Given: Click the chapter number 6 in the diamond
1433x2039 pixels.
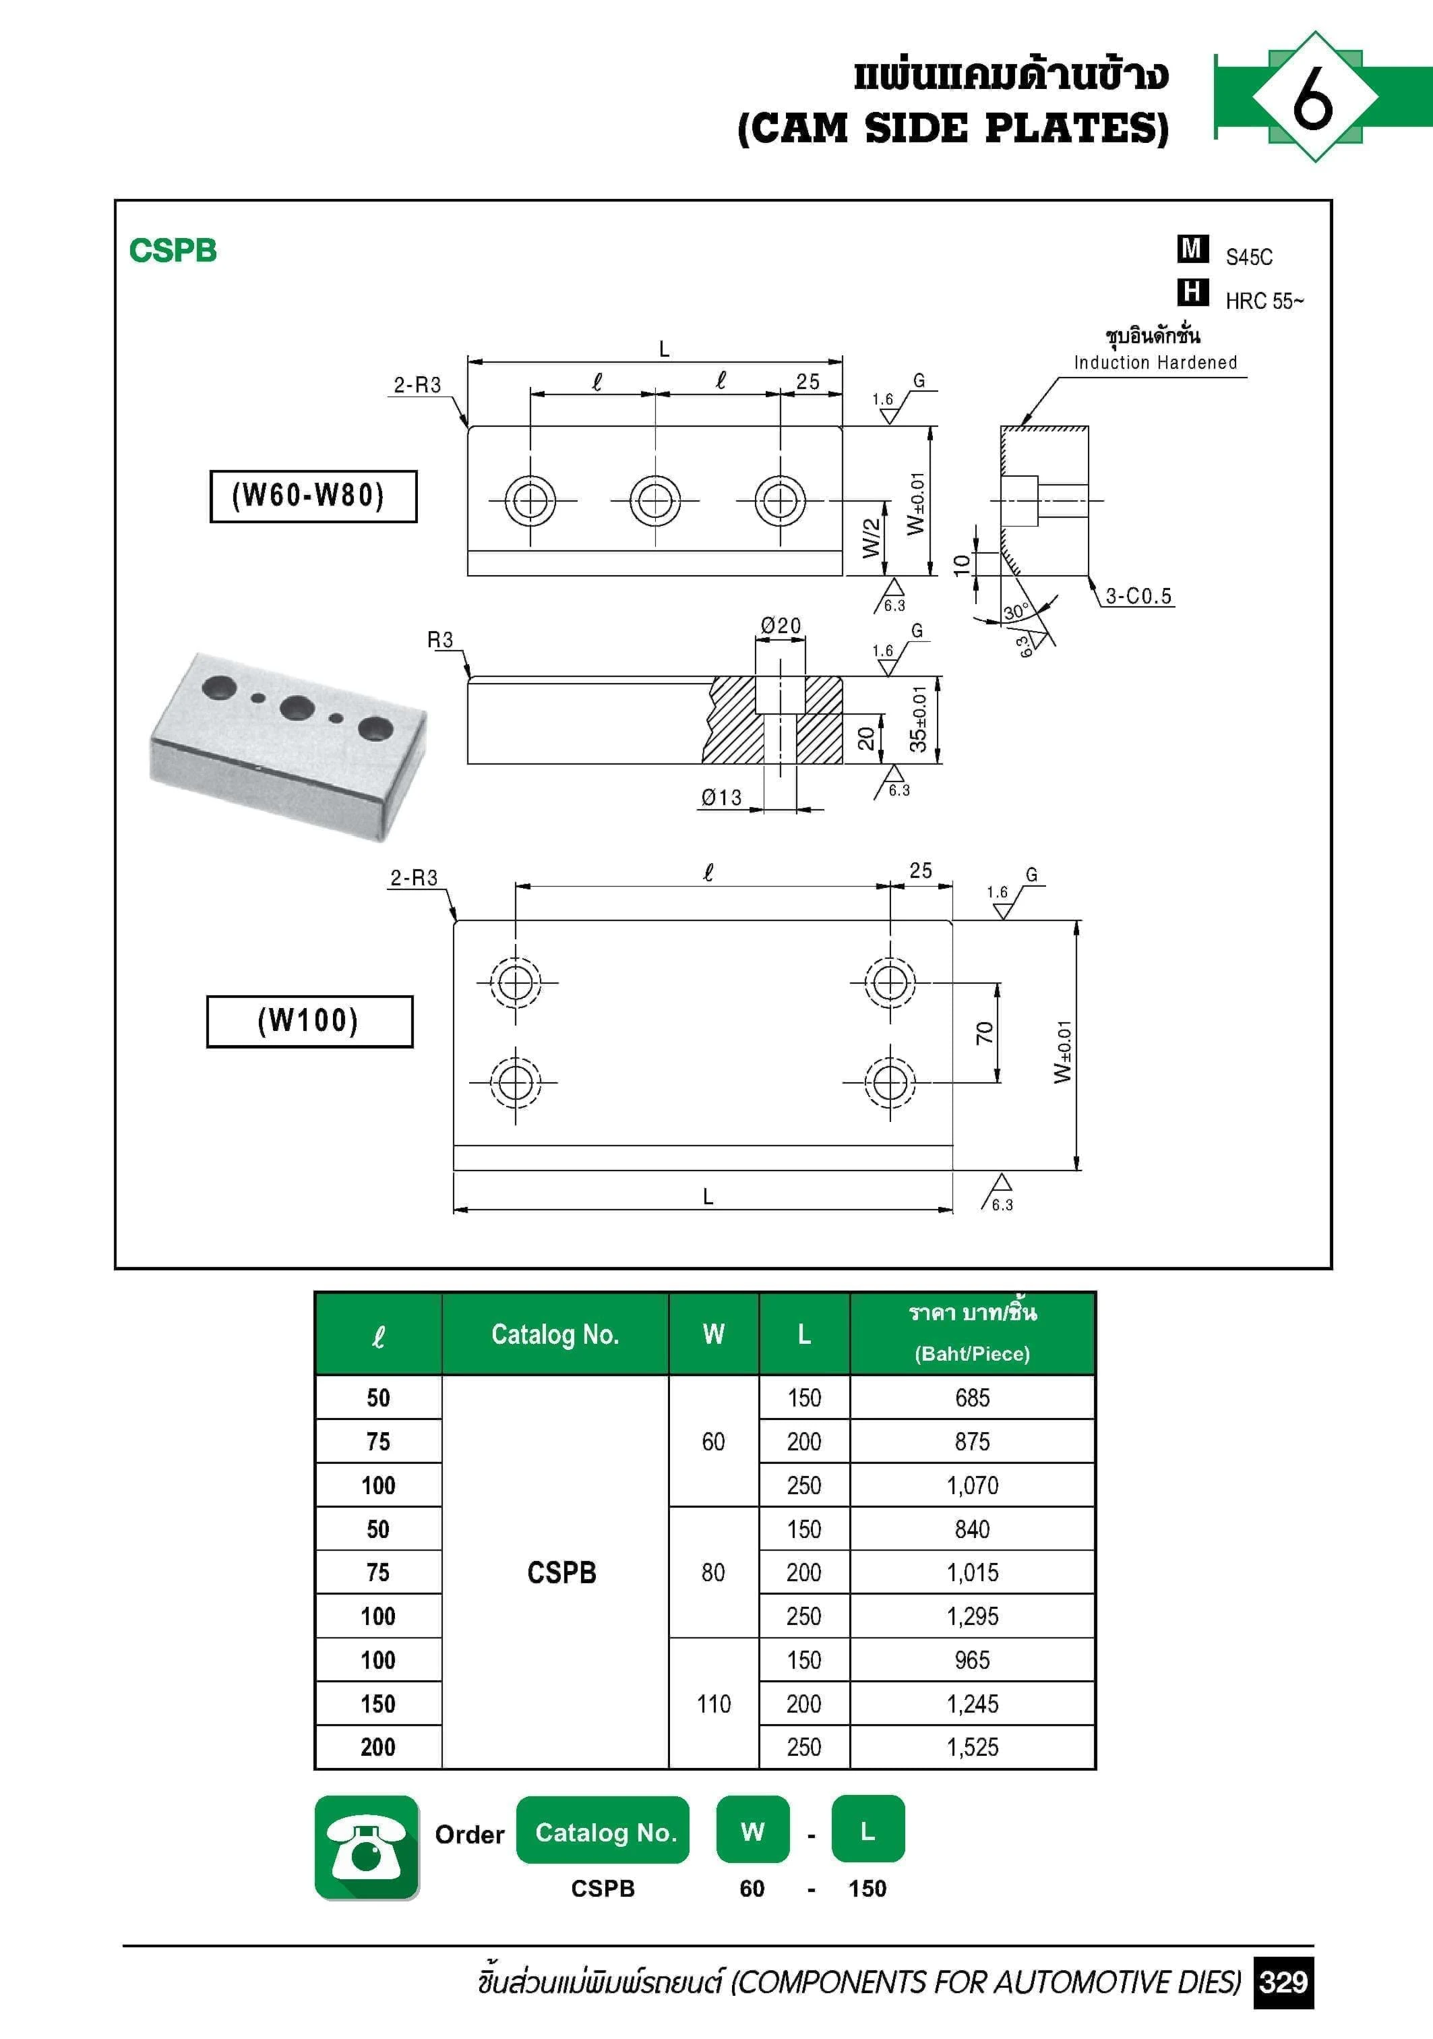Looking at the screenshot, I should (1313, 97).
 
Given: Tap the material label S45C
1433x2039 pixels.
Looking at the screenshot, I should (1248, 258).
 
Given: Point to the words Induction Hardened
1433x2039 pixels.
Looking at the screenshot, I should (1155, 362).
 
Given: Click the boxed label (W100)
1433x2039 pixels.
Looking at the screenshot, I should (309, 1022).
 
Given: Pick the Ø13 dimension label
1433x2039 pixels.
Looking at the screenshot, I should (721, 798).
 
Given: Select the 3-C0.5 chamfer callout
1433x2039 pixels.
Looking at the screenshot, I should (1138, 596).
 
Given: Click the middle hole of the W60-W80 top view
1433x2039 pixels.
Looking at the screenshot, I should (655, 501).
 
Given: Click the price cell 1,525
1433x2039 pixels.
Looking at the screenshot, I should (972, 1747).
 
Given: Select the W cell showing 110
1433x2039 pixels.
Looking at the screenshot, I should (714, 1703).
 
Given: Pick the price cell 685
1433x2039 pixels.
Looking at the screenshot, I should (972, 1398).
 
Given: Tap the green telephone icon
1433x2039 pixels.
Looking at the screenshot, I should (367, 1848).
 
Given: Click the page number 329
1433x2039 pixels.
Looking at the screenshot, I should (1283, 1981).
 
